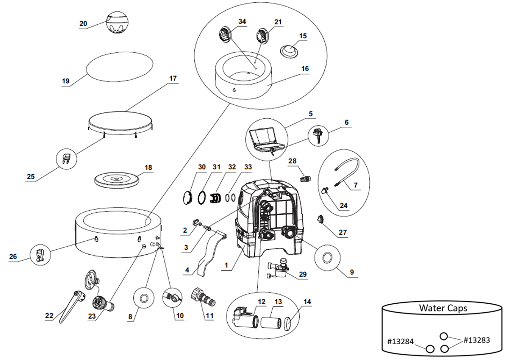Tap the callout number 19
pos(66,81)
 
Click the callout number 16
pos(305,68)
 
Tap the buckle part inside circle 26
pos(40,255)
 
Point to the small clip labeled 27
pos(320,219)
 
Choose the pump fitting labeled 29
pos(279,267)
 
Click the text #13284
pos(400,342)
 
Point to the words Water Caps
pos(443,308)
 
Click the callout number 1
pos(226,265)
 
